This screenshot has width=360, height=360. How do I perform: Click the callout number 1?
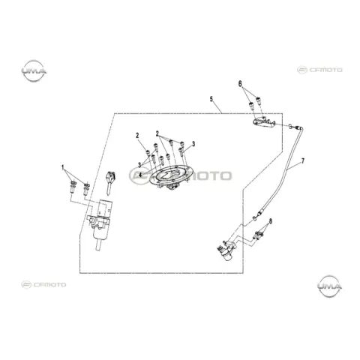coord(63,167)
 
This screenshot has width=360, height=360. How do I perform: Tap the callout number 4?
coord(140,175)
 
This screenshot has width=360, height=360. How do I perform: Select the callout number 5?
coord(211,99)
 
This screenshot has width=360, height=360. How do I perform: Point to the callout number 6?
coord(240,83)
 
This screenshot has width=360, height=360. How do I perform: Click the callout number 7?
coord(303,160)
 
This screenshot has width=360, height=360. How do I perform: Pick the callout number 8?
coord(271,221)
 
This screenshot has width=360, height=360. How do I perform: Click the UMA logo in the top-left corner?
coord(34,71)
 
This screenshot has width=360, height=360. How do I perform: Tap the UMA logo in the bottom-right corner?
coord(329,286)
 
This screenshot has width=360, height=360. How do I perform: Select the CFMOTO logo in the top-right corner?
coord(319,70)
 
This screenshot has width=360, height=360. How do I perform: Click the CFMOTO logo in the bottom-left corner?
coord(43,284)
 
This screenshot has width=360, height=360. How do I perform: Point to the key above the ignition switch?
coord(109,182)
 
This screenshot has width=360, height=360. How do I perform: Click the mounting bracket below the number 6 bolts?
coord(264,123)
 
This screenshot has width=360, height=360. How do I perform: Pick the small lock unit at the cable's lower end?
coord(227,250)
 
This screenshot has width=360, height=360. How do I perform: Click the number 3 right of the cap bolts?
coord(193,144)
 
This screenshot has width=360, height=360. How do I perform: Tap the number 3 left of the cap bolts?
coord(139,164)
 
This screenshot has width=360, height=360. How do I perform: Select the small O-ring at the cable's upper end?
coord(290,126)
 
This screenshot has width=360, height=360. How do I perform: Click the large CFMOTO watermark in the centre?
coord(180,175)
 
